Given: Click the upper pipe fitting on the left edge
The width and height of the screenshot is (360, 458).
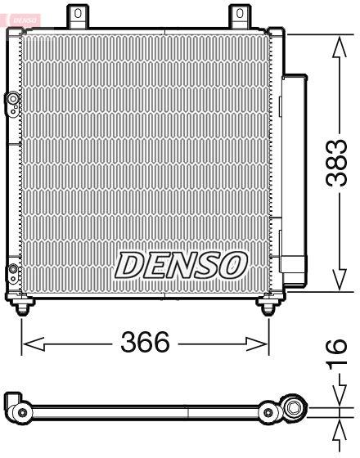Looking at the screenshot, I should (13, 101).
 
